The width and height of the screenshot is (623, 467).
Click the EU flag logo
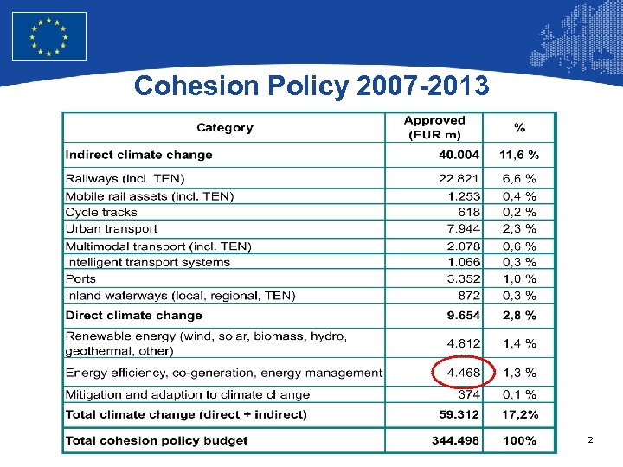(x=49, y=36)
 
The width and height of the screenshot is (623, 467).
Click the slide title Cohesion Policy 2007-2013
(x=311, y=86)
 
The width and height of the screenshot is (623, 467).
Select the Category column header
(x=225, y=128)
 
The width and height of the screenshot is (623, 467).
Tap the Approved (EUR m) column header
(x=434, y=128)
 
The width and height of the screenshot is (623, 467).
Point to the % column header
(x=519, y=128)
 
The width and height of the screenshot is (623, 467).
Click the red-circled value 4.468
(x=462, y=373)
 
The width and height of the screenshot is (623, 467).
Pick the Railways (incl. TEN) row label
(x=125, y=179)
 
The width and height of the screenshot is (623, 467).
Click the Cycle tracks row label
(x=101, y=212)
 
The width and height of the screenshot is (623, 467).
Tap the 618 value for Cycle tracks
(x=468, y=212)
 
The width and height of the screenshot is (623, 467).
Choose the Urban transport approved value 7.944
(x=463, y=229)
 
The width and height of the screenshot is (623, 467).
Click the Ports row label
(x=80, y=278)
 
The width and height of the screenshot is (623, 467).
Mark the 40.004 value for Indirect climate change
(x=459, y=156)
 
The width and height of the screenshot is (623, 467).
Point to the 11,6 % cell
(x=519, y=156)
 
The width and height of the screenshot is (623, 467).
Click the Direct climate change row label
(x=133, y=316)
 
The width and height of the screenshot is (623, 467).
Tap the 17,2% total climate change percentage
(x=519, y=414)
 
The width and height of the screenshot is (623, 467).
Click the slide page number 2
(x=590, y=441)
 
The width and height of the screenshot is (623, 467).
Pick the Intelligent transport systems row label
(x=148, y=262)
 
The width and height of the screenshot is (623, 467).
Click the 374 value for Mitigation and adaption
(x=468, y=394)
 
